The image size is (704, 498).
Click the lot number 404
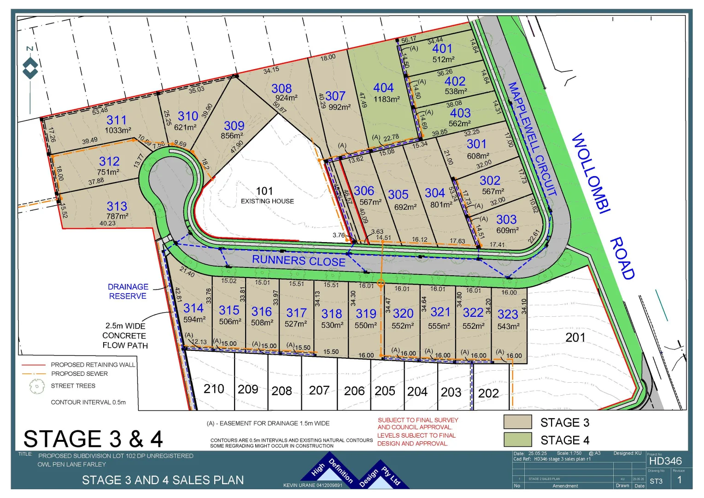point(383,88)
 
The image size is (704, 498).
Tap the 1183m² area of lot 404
point(387,99)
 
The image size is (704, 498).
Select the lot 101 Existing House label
point(267,195)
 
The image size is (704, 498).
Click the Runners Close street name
point(299,261)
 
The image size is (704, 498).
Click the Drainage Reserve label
point(128,291)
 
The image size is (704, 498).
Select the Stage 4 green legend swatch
point(517,439)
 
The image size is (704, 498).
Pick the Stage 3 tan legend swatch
point(517,422)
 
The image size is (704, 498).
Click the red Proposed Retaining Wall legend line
point(34,365)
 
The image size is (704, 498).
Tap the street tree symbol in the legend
point(36,386)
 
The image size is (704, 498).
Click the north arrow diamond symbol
point(30,69)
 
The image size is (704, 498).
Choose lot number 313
point(117,206)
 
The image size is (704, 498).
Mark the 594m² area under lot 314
point(194,319)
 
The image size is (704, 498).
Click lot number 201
point(575,338)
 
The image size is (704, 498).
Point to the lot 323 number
point(508,314)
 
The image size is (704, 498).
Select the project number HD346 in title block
point(665,461)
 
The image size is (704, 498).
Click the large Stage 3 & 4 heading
point(93,439)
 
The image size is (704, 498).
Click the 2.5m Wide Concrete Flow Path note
point(125,336)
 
